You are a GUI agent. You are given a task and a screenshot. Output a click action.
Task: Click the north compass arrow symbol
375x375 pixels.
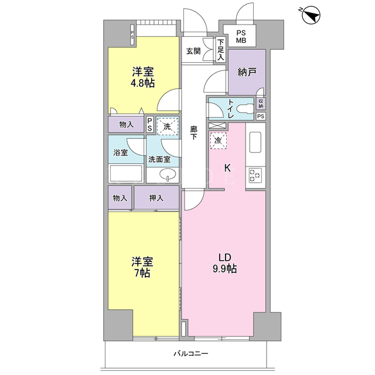pos(311,15)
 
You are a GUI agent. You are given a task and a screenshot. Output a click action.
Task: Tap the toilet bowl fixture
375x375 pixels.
pos(245,109)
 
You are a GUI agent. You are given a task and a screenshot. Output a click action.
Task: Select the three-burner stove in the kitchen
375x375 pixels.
pos(255,175)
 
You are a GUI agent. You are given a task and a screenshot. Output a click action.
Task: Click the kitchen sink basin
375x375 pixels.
pos(255,142)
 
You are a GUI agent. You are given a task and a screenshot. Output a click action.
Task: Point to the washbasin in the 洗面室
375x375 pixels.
pos(167,173)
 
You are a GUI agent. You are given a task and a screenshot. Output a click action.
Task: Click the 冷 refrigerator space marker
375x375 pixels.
pos(218,141)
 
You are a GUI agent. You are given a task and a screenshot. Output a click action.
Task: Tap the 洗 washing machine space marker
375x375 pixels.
pos(168,127)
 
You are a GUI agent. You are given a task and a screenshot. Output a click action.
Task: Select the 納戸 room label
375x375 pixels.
pos(247,71)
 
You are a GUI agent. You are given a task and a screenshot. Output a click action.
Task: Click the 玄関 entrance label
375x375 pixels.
pos(193,51)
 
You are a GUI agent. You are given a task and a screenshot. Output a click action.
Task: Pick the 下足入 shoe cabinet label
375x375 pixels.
pos(221,49)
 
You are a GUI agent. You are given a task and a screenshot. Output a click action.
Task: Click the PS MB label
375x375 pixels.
pos(241,37)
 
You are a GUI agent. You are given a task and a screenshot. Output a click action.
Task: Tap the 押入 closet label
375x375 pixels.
pos(156,198)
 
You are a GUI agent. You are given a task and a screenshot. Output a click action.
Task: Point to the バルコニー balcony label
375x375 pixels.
pos(191,353)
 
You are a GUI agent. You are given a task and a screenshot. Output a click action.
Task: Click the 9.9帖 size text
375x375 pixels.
pos(224,269)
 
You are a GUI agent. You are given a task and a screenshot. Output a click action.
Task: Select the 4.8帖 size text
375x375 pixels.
pos(142,83)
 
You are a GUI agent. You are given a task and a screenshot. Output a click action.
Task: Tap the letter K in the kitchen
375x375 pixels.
pos(227,168)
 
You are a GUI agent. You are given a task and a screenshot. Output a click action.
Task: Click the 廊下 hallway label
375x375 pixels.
pos(193,133)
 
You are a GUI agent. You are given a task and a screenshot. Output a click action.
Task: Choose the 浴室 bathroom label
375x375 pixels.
pos(121,152)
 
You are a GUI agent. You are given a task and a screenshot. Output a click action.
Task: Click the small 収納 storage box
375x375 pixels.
pos(261,104)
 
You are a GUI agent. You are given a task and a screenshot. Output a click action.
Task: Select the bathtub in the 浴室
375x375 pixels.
pos(126,173)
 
